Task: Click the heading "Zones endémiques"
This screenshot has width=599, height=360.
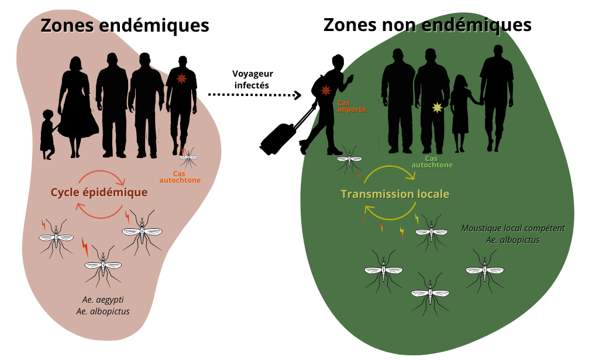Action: pyautogui.click(x=125, y=26)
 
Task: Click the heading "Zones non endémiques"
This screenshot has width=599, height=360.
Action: pyautogui.click(x=427, y=25)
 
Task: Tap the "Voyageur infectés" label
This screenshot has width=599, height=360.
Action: pyautogui.click(x=253, y=79)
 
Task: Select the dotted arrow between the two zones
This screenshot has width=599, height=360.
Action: pyautogui.click(x=254, y=94)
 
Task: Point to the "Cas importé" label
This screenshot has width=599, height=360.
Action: pyautogui.click(x=351, y=105)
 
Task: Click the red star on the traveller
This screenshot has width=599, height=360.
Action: pyautogui.click(x=326, y=91)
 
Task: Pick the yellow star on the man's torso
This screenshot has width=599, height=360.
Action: pyautogui.click(x=436, y=107)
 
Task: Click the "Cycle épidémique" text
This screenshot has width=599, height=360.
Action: pyautogui.click(x=99, y=192)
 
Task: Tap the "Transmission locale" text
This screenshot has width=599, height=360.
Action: pyautogui.click(x=395, y=194)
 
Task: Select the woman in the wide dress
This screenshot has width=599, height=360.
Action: pyautogui.click(x=76, y=108)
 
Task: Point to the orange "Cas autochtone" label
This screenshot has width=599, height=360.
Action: pyautogui.click(x=180, y=176)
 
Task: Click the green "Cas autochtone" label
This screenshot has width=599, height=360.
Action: pyautogui.click(x=432, y=162)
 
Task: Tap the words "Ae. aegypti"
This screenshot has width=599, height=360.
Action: pyautogui.click(x=103, y=300)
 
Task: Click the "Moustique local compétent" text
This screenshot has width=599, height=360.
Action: pyautogui.click(x=512, y=228)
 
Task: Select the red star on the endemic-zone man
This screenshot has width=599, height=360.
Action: pyautogui.click(x=180, y=78)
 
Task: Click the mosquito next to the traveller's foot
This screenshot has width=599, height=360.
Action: pyautogui.click(x=349, y=157)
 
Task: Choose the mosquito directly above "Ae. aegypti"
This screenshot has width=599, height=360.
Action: pyautogui.click(x=103, y=266)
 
